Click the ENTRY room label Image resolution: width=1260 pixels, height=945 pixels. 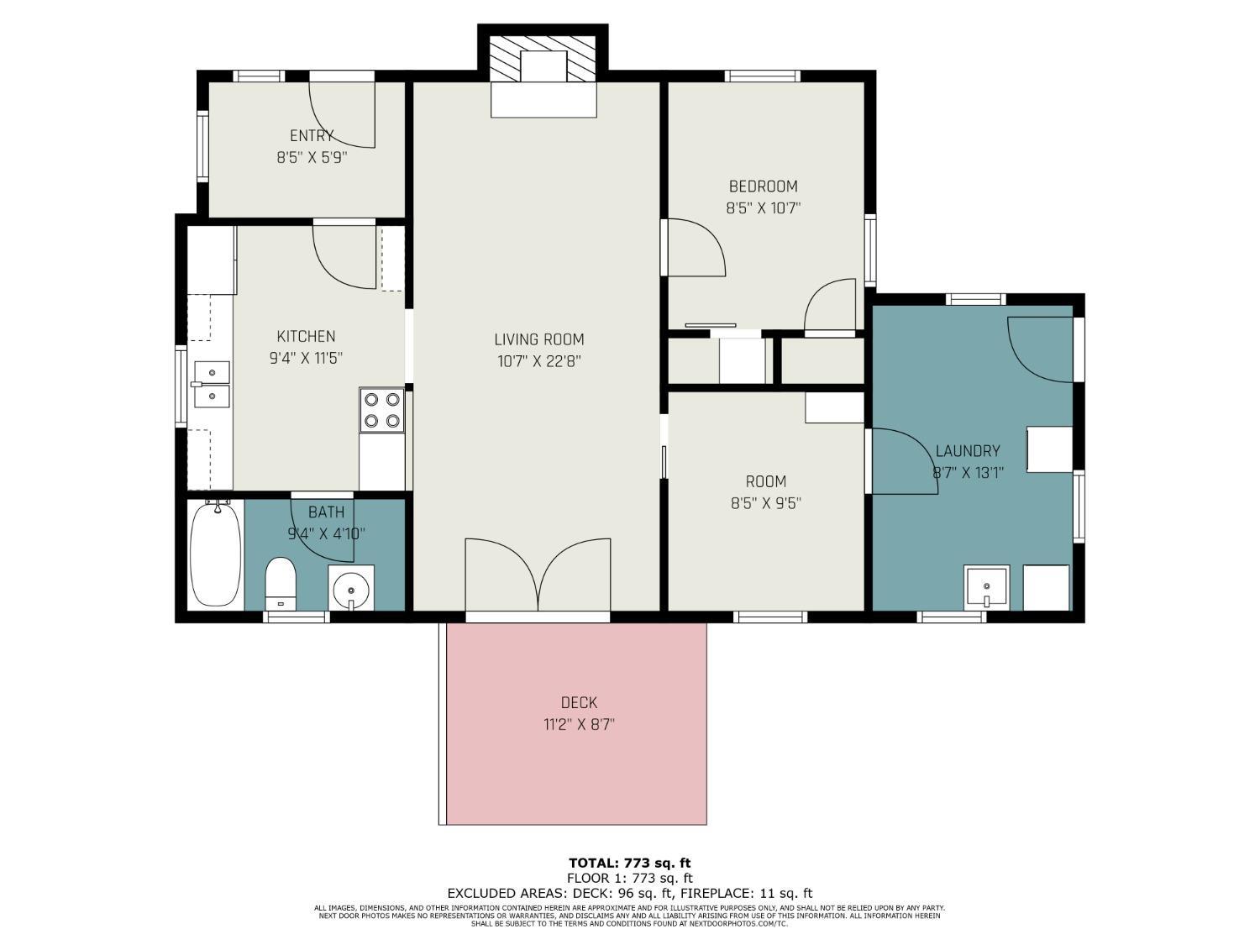coord(312,135)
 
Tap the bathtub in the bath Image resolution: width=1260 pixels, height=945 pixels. coord(215,553)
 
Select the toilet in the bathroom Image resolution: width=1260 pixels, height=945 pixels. coord(281,584)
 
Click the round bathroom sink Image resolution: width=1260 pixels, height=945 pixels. coord(351,588)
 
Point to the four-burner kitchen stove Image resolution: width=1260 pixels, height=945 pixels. coord(382,410)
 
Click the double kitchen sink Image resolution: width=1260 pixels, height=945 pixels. coord(212,385)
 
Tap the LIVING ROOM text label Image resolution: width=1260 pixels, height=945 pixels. coord(539,339)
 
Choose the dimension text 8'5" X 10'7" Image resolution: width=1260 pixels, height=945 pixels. coord(763,207)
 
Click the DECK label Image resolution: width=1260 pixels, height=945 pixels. coord(580,702)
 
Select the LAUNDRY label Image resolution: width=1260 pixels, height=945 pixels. coord(968,451)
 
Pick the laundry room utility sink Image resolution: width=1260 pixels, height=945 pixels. coord(987,588)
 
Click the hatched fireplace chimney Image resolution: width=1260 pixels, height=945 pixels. coord(543,60)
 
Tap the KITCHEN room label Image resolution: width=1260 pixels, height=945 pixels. coord(306,336)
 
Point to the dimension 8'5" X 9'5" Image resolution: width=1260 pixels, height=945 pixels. coord(766,503)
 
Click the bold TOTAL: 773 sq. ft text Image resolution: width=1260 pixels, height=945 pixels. coord(630,863)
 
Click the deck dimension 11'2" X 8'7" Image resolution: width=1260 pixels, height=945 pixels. coord(580,725)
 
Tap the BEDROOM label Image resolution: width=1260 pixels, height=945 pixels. coord(763,186)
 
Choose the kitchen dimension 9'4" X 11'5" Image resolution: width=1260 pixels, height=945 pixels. coord(306,358)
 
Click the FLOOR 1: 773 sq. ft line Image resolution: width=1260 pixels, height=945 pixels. coord(630,878)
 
